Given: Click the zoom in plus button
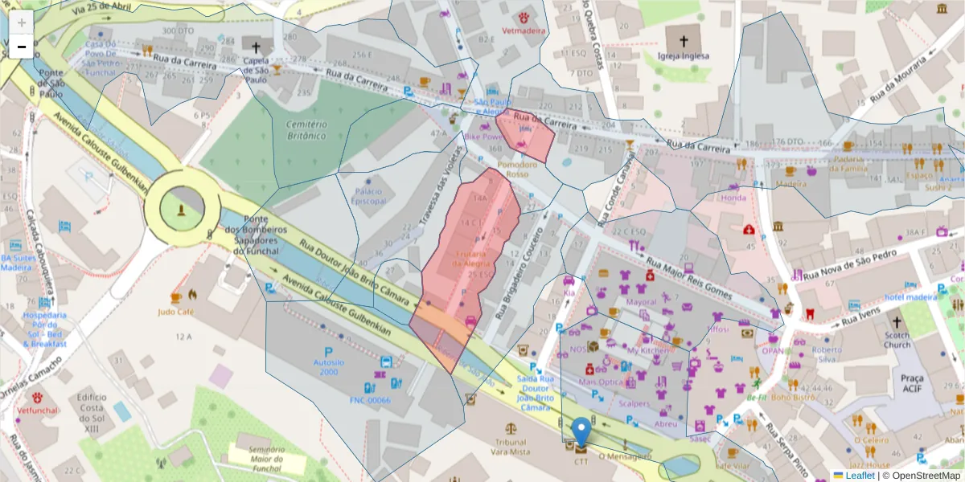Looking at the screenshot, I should (x=22, y=23).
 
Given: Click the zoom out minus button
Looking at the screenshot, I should (x=22, y=47).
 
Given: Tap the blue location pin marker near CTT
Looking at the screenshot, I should (x=581, y=431).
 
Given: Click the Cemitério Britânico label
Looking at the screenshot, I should (x=306, y=130).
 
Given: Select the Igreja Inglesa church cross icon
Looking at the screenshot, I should (x=683, y=41).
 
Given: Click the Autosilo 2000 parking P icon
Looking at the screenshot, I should (x=328, y=352).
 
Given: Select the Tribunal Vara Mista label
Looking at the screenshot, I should (x=511, y=447).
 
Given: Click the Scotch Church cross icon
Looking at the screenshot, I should (x=897, y=321).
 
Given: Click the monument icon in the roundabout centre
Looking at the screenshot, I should (x=183, y=210).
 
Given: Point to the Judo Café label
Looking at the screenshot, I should (x=179, y=312).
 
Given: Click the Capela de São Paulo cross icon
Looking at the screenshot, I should (x=256, y=47).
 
